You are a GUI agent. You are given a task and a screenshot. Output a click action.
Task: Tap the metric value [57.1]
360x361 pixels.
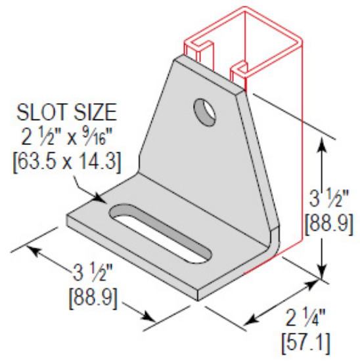tap(305, 341)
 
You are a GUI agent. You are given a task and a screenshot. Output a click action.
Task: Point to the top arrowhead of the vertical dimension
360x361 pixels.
tap(321, 145)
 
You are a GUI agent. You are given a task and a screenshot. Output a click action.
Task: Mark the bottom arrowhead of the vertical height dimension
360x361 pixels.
tap(321, 272)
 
